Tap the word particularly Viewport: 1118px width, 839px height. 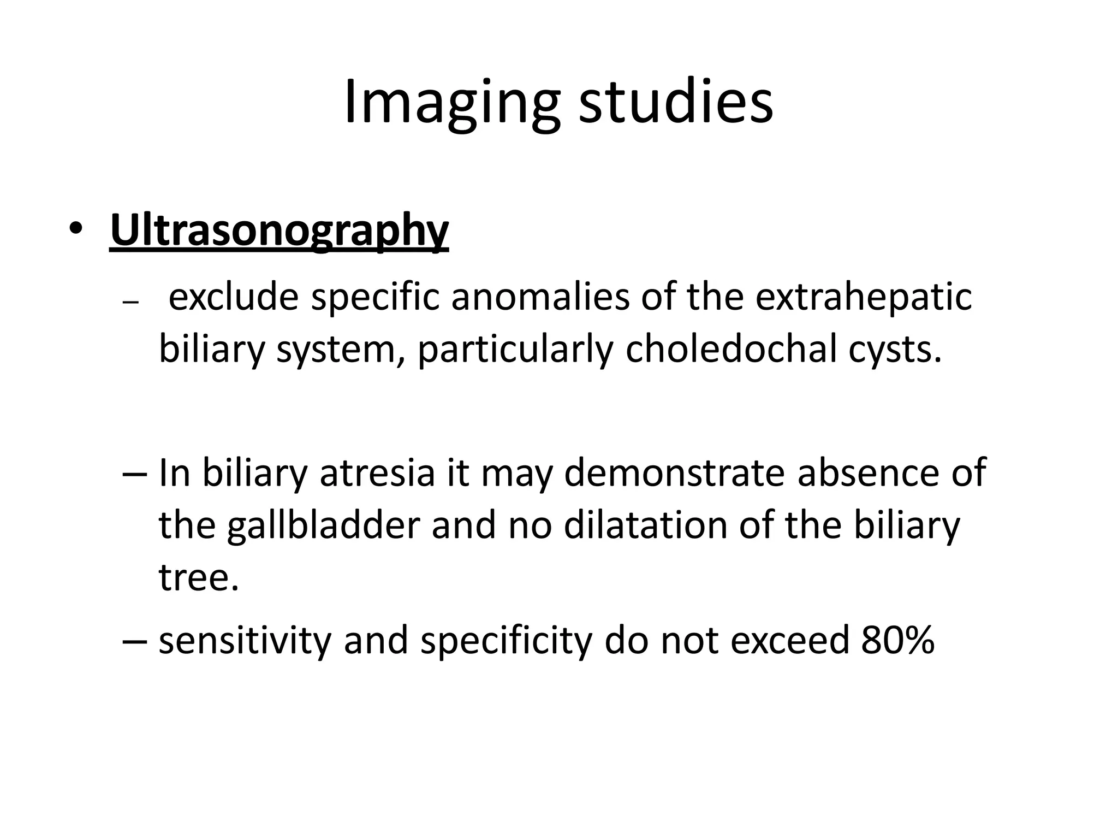pos(515,350)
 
